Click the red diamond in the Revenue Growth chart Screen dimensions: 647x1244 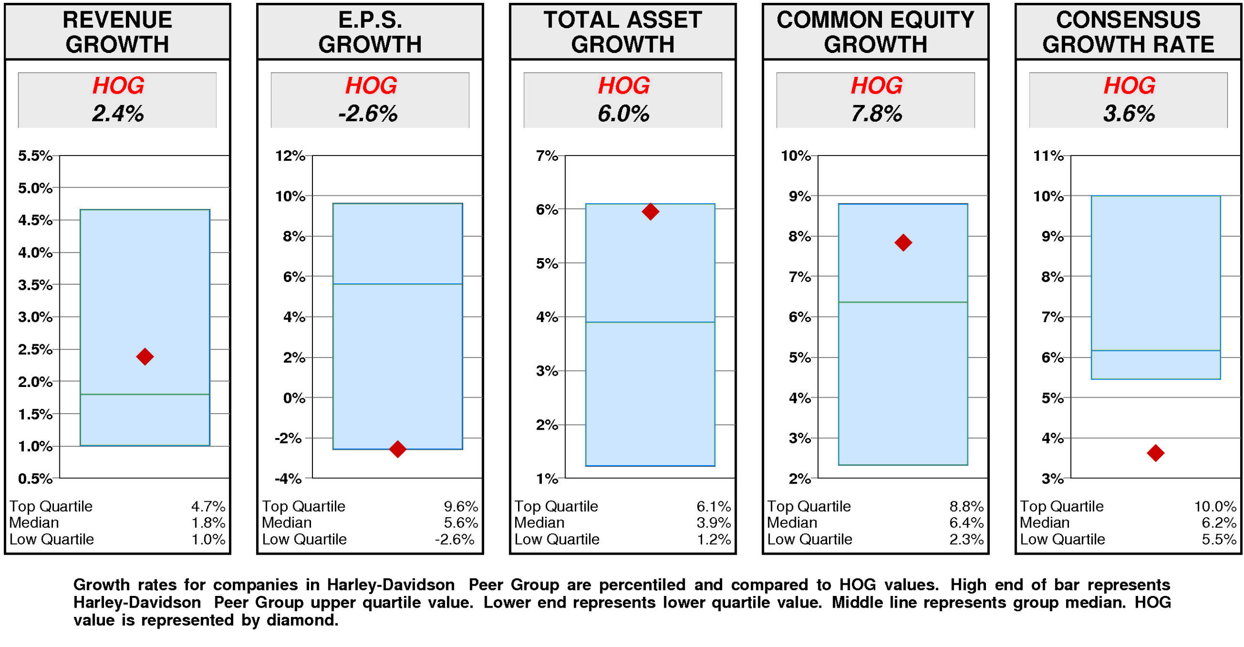pyautogui.click(x=144, y=356)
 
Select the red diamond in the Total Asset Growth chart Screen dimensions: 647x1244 pyautogui.click(x=650, y=211)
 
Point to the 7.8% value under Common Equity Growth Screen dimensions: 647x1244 pyautogui.click(x=876, y=113)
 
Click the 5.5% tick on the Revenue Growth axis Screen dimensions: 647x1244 pyautogui.click(x=35, y=156)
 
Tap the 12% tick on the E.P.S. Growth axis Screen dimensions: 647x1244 pyautogui.click(x=290, y=156)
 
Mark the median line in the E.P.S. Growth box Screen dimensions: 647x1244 pyautogui.click(x=397, y=283)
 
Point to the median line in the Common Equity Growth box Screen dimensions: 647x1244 pyautogui.click(x=902, y=302)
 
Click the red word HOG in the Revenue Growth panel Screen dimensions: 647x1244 pyautogui.click(x=118, y=86)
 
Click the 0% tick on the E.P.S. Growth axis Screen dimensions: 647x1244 pyautogui.click(x=294, y=398)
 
